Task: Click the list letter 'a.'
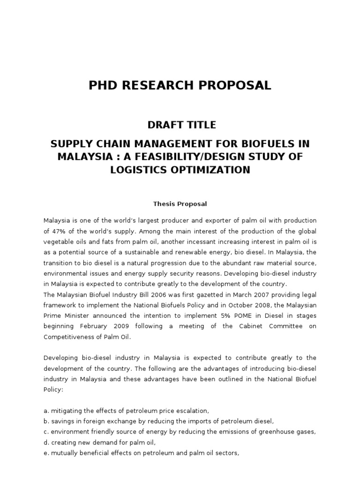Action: click(46, 411)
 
